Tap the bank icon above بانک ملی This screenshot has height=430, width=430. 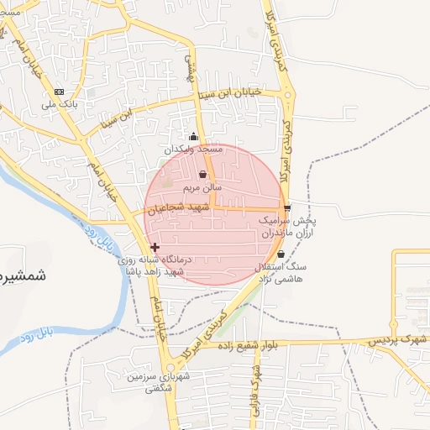click(x=59, y=92)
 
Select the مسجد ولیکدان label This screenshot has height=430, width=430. click(x=196, y=149)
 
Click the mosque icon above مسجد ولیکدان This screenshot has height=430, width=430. click(x=194, y=136)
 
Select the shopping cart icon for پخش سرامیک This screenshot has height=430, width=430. click(x=287, y=207)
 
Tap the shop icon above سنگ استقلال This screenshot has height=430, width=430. click(x=281, y=254)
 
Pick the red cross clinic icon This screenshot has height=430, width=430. click(x=154, y=247)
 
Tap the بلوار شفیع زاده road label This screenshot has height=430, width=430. click(x=252, y=345)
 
